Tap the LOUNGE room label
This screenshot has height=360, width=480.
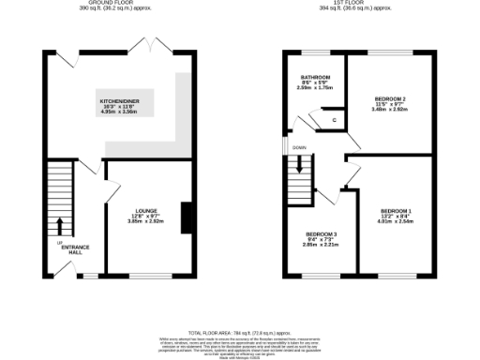coord(145,211)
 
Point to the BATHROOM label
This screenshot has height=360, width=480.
coord(315,77)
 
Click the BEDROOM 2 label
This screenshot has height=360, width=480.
coord(390,97)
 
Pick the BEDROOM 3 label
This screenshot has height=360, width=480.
coord(321,233)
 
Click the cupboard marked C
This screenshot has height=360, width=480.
coord(335,119)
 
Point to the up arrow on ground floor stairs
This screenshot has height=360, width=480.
coord(61,226)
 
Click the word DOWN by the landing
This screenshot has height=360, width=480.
coord(299,148)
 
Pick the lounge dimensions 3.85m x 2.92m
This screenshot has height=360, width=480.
coord(145,222)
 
